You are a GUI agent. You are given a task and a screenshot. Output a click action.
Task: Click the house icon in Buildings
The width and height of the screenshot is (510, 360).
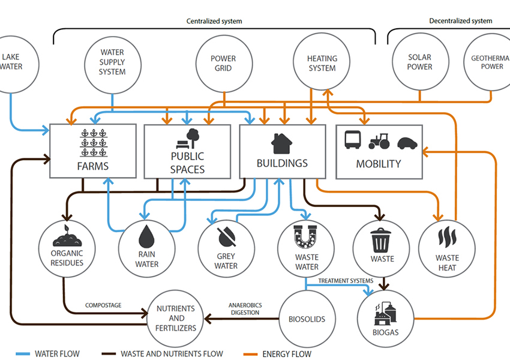coord(281,143)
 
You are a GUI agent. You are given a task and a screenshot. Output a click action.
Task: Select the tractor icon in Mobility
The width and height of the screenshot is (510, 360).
coord(379,141)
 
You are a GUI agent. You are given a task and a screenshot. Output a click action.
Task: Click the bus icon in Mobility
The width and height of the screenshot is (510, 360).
coord(353,140)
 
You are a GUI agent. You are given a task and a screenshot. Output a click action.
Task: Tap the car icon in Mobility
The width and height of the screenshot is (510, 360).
coord(407,143)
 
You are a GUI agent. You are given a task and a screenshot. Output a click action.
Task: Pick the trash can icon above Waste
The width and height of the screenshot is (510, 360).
coord(381,240)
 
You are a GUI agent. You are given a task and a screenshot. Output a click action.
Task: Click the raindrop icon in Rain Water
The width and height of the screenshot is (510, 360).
coord(146,237)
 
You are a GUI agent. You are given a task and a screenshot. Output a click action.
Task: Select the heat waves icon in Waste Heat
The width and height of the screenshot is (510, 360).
coord(447,236)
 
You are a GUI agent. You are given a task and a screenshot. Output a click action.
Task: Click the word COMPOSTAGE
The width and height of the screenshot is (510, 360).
coord(103,305)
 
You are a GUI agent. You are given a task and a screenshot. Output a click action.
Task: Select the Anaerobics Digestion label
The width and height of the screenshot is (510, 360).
coord(245,309)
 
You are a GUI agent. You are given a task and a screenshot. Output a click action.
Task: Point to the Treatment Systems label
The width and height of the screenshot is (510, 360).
coord(346,281)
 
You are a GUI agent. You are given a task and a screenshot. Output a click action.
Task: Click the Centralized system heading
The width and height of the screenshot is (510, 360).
coord(214,21)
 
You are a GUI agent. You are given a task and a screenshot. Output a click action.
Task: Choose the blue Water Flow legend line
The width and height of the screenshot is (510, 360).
coord(23,354)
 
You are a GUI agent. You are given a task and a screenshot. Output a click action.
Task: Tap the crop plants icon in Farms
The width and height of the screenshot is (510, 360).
coord(94,143)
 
